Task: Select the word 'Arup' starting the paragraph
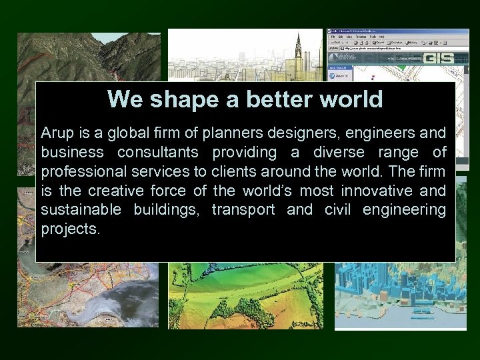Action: pos(55,133)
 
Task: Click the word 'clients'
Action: pos(239,171)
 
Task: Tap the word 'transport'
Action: pos(243,210)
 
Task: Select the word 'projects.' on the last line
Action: pos(70,229)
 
